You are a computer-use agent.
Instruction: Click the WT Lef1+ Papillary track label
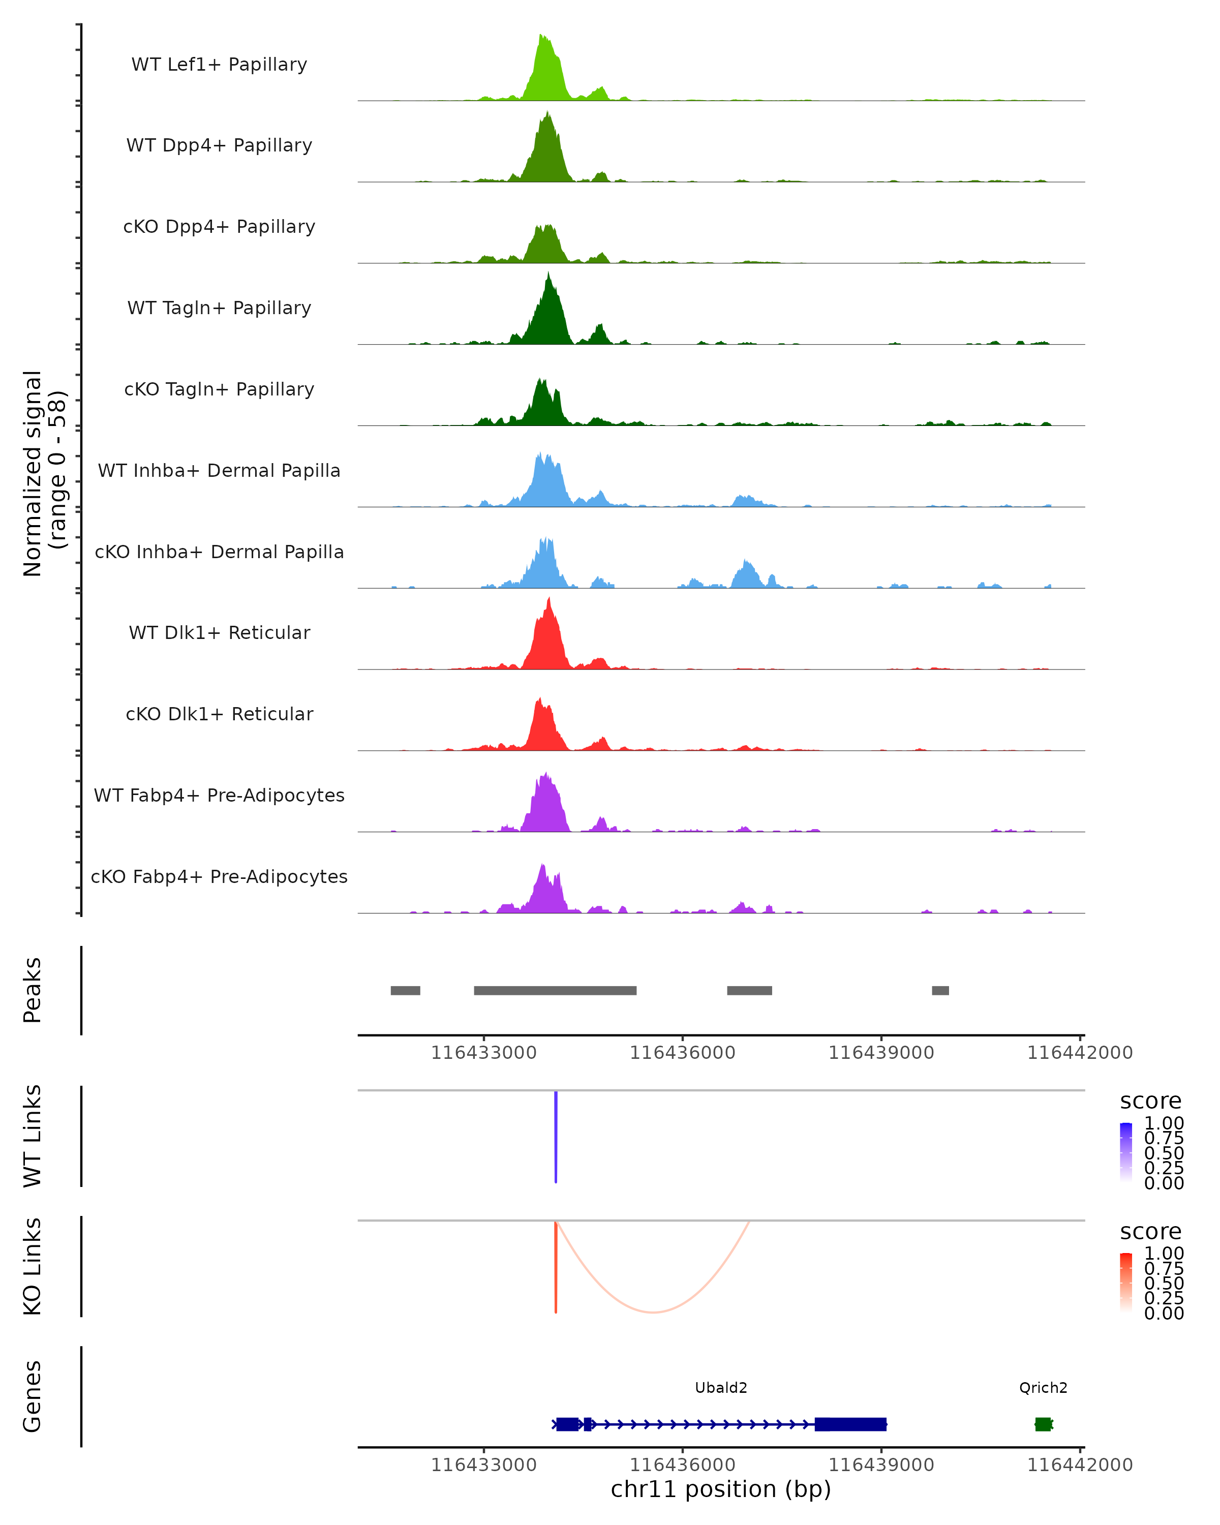(x=219, y=65)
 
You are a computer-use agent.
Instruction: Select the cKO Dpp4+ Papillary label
(x=219, y=226)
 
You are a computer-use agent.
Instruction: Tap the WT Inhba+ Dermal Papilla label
(x=219, y=470)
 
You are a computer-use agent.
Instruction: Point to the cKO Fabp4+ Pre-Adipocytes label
(x=219, y=876)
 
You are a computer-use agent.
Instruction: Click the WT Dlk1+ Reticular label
(x=219, y=632)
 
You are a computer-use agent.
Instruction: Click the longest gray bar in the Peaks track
(x=555, y=990)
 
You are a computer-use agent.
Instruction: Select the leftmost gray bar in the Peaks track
(x=405, y=990)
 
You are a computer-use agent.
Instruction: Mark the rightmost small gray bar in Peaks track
(x=940, y=990)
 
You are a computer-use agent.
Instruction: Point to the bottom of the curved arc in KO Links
(x=654, y=1312)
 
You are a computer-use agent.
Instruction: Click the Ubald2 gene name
(x=721, y=1388)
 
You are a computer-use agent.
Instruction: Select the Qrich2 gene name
(x=1043, y=1388)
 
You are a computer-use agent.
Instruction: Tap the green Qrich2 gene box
(x=1043, y=1424)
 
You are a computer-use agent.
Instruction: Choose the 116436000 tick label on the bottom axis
(x=683, y=1465)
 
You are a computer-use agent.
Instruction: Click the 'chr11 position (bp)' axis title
(x=721, y=1489)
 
